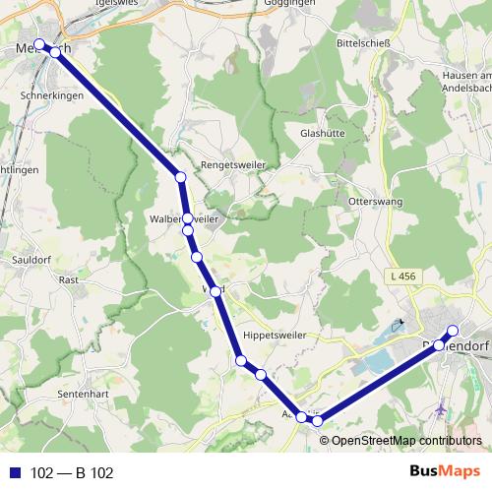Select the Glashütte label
pyautogui.click(x=321, y=131)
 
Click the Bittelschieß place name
pyautogui.click(x=364, y=44)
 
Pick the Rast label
pyautogui.click(x=69, y=279)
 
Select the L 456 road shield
pyautogui.click(x=402, y=277)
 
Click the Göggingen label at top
pyautogui.click(x=290, y=4)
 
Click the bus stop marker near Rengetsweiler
pyautogui.click(x=180, y=177)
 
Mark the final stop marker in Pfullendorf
pyautogui.click(x=453, y=331)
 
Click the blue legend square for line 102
pyautogui.click(x=14, y=473)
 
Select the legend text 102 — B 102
pyautogui.click(x=72, y=473)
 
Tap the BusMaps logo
pyautogui.click(x=444, y=471)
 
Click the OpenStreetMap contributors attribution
pyautogui.click(x=405, y=441)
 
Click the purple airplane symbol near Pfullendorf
pyautogui.click(x=440, y=404)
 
